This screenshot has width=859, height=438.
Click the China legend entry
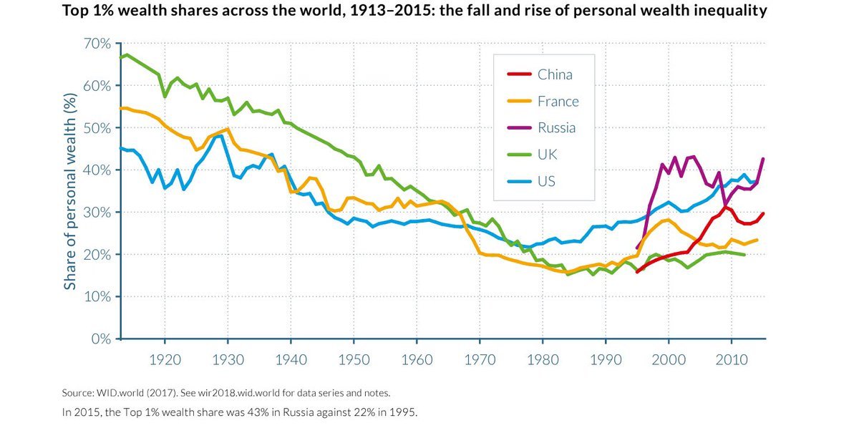[555, 74]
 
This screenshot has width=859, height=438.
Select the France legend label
[558, 101]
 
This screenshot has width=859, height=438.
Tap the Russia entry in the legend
[556, 128]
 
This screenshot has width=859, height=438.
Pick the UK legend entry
[547, 155]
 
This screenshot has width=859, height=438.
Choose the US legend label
[546, 181]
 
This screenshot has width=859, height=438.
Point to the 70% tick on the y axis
[97, 44]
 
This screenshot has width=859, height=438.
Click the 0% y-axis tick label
[101, 339]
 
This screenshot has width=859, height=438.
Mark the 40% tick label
[97, 170]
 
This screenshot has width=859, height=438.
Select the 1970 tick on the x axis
[480, 358]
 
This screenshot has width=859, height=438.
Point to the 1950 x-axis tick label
[354, 358]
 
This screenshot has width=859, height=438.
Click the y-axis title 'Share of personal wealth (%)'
[70, 191]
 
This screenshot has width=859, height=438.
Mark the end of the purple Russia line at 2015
[764, 159]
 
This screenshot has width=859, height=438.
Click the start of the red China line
[637, 272]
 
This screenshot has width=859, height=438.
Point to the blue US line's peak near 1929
[217, 136]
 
